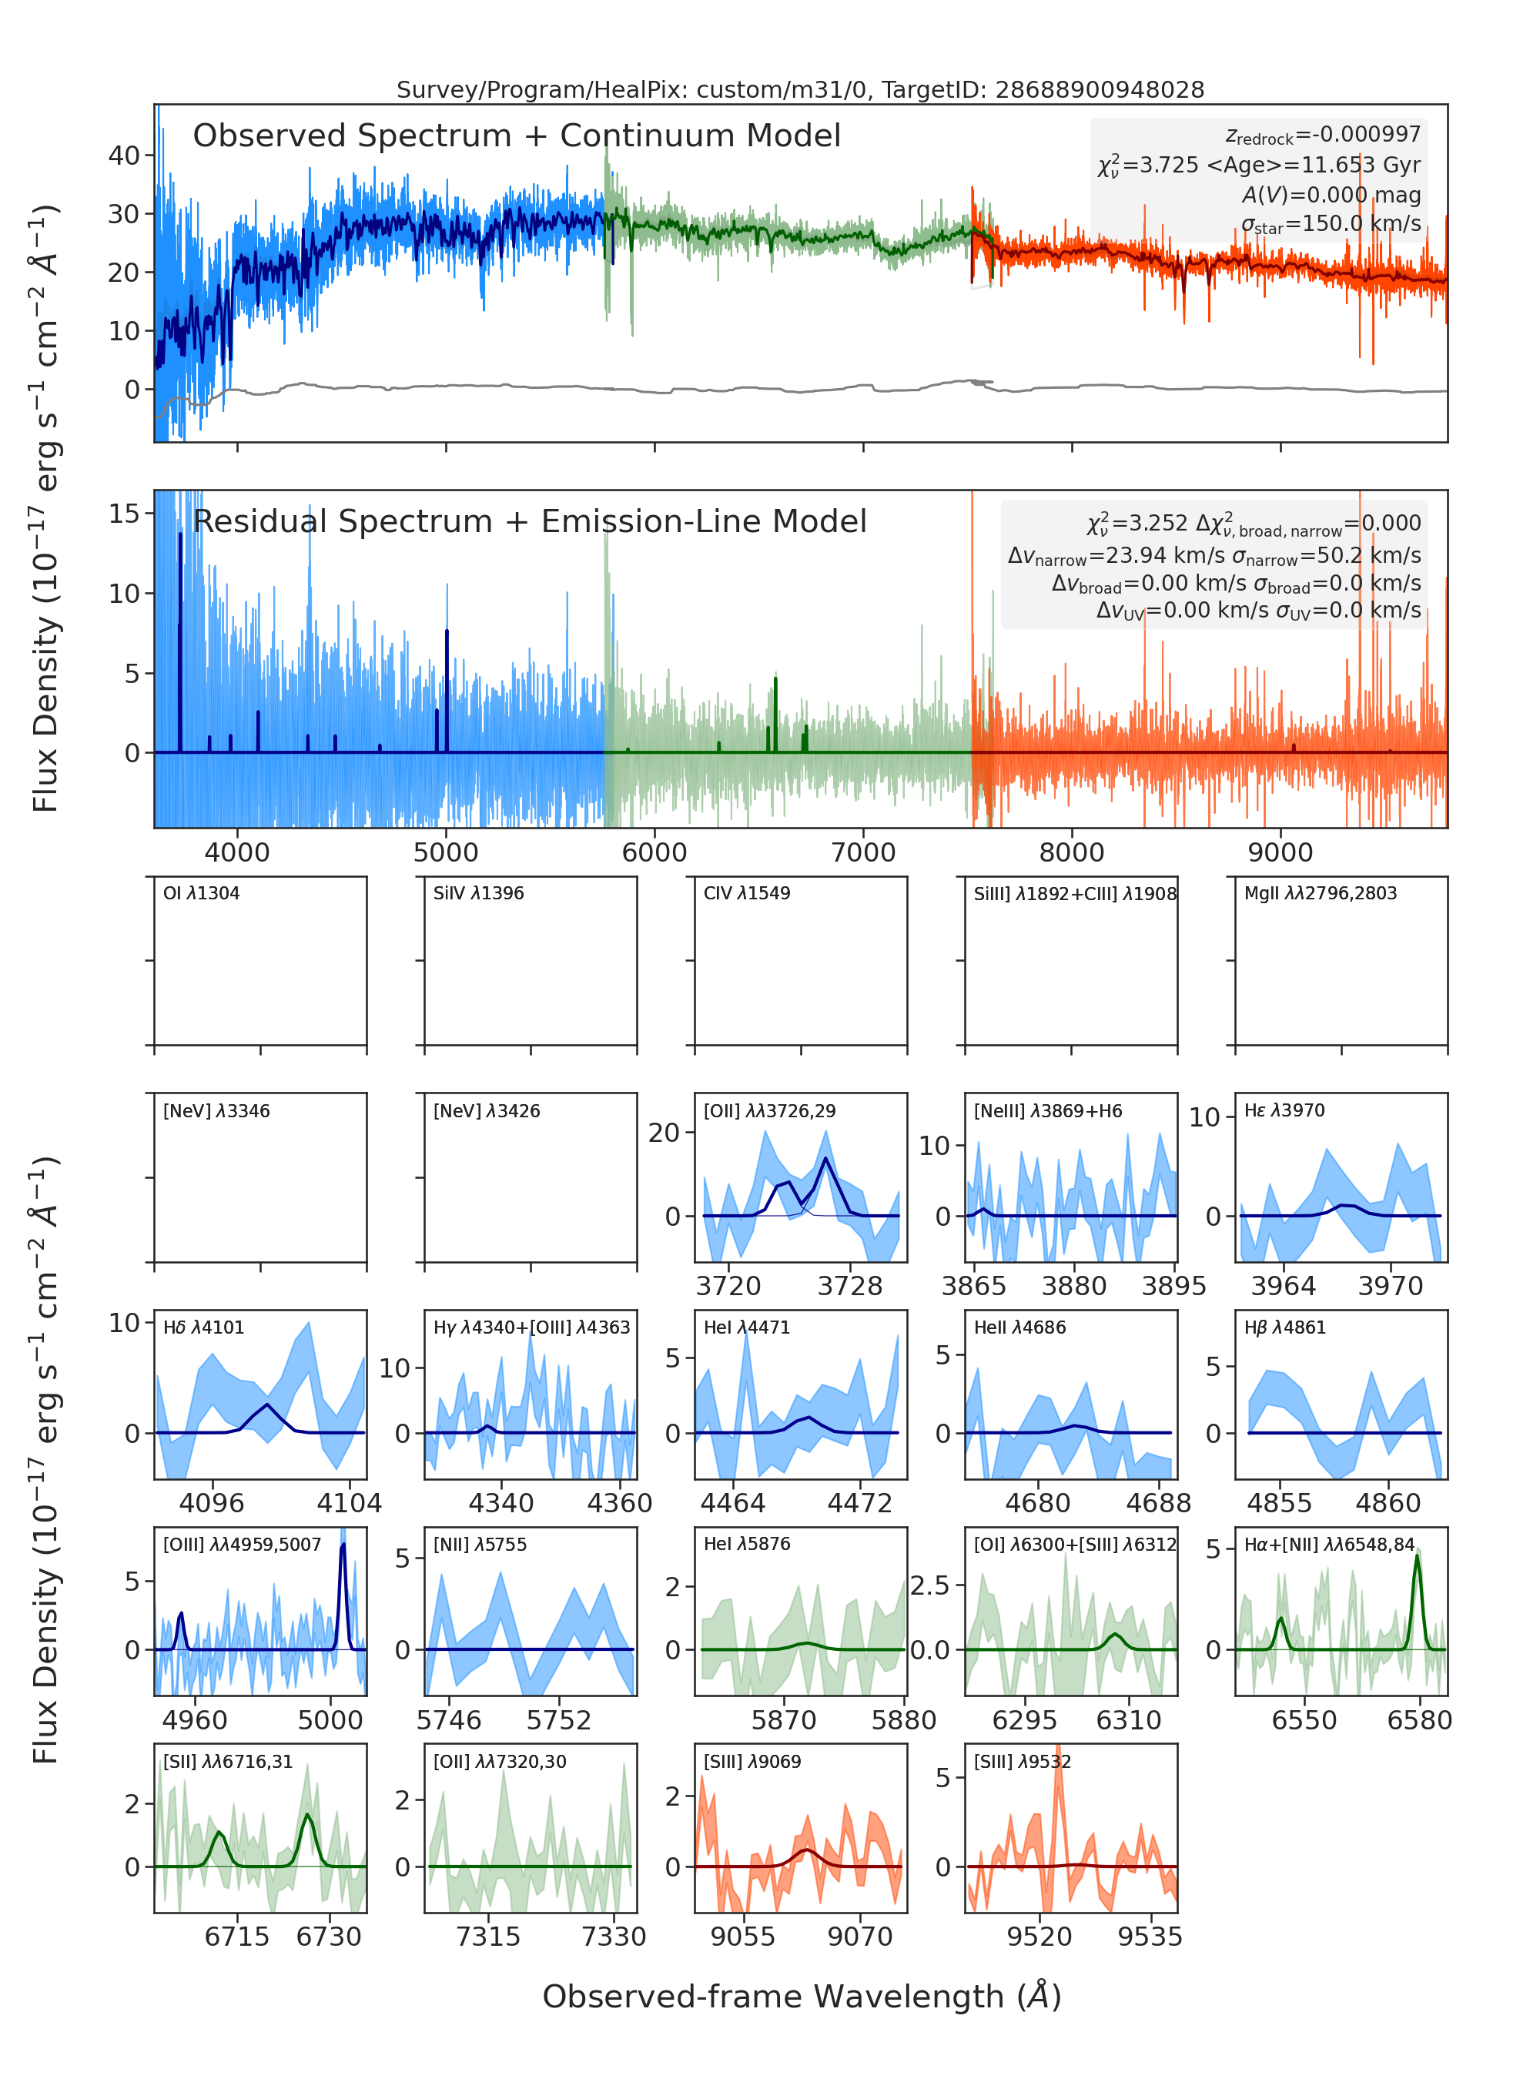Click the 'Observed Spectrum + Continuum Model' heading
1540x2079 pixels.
pyautogui.click(x=517, y=136)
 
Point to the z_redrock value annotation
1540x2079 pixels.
pyautogui.click(x=1323, y=136)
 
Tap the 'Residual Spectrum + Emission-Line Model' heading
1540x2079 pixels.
pyautogui.click(x=530, y=521)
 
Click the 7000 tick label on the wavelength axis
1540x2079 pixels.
pyautogui.click(x=863, y=852)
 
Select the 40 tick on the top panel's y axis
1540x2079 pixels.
pyautogui.click(x=124, y=156)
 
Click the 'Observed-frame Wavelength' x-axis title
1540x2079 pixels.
pyautogui.click(x=802, y=1996)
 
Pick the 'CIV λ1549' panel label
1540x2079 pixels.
pyautogui.click(x=747, y=893)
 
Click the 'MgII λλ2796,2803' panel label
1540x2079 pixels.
pyautogui.click(x=1320, y=893)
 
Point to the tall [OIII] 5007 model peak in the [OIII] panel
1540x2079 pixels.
pyautogui.click(x=343, y=1545)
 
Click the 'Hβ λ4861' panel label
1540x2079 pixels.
pyautogui.click(x=1284, y=1327)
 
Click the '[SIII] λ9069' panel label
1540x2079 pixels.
pyautogui.click(x=752, y=1762)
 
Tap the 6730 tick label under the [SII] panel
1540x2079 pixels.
pyautogui.click(x=328, y=1937)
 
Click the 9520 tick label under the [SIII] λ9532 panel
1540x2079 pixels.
pyautogui.click(x=1039, y=1937)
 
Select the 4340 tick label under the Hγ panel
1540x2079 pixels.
pyautogui.click(x=501, y=1503)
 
